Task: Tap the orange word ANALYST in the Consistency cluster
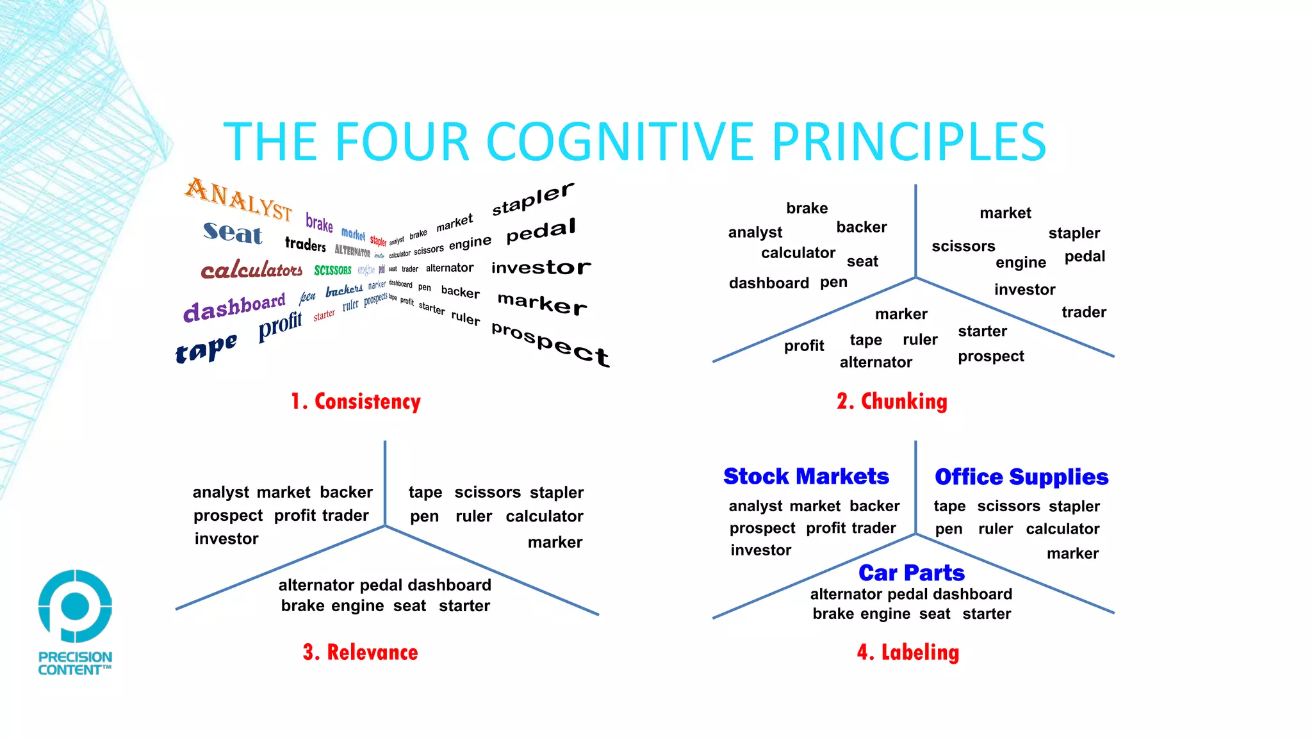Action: click(238, 199)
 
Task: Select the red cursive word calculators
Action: click(251, 270)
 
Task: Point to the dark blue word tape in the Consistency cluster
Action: click(206, 348)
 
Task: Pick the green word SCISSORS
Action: click(332, 270)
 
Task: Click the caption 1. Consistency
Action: click(356, 402)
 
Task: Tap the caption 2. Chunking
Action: click(892, 402)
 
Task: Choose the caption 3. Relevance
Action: click(360, 652)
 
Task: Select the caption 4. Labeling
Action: click(908, 652)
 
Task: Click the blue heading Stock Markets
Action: click(806, 477)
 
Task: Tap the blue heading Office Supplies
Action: click(1021, 477)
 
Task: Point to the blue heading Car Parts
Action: click(911, 572)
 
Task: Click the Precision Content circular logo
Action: click(75, 605)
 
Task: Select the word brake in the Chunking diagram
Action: click(807, 208)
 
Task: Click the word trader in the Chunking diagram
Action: click(1083, 312)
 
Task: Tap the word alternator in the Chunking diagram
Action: click(875, 363)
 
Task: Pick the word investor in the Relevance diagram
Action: click(226, 539)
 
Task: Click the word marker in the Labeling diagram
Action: click(1072, 553)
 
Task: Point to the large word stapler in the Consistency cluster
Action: click(533, 199)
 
